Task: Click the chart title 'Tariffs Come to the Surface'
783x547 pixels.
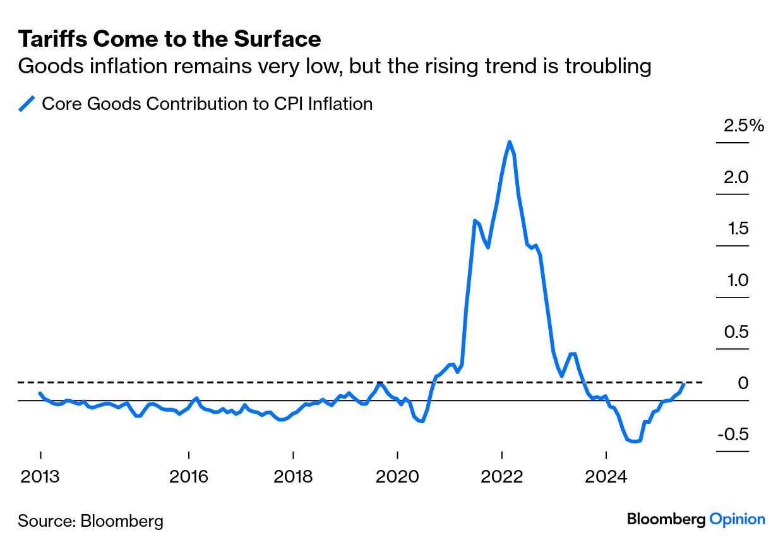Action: (x=169, y=39)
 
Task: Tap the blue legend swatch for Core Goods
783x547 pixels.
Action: (x=27, y=104)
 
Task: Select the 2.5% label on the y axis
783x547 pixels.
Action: (x=743, y=126)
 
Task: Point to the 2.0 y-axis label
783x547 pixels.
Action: (x=736, y=177)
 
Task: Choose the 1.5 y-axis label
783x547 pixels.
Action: (x=736, y=229)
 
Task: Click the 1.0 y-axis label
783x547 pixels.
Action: (x=736, y=280)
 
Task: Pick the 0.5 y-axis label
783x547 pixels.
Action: (x=736, y=332)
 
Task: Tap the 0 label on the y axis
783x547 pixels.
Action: (x=743, y=383)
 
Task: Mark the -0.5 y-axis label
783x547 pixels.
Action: (x=732, y=435)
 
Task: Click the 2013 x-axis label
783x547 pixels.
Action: (x=40, y=476)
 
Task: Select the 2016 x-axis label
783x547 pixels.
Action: (x=189, y=476)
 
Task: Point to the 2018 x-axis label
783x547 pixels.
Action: (x=293, y=476)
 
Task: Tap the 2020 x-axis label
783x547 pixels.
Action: (x=397, y=476)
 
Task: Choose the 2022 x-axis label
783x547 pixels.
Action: (x=501, y=476)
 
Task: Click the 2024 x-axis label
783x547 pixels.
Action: (x=606, y=476)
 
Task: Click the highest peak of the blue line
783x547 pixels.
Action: (x=510, y=142)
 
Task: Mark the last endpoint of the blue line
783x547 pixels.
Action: (x=684, y=383)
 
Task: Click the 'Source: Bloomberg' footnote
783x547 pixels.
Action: (x=90, y=521)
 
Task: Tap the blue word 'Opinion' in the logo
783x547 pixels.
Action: (x=737, y=519)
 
